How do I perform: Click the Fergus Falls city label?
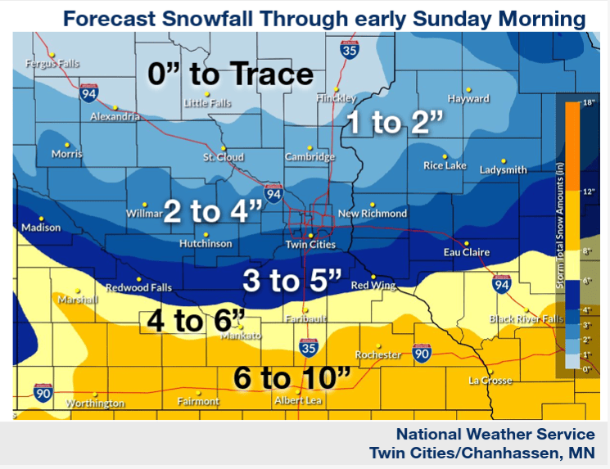51,63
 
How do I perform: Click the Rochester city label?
377,354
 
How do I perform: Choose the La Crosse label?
490,381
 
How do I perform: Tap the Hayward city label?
468,99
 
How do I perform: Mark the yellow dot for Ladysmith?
504,160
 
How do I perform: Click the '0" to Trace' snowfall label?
230,74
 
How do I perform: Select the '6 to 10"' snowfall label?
291,378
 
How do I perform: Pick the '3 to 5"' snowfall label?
291,281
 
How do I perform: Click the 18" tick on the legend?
587,103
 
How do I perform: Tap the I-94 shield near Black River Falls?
502,284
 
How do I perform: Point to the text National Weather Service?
495,434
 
